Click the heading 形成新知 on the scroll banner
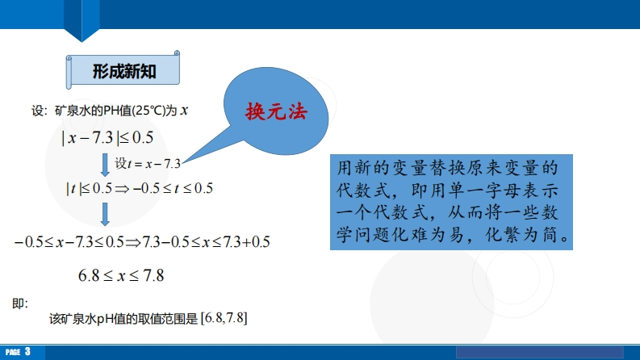click(124, 71)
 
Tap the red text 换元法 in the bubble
click(276, 111)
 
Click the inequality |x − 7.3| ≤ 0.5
click(107, 137)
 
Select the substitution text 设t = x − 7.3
click(148, 163)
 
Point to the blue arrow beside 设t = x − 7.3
click(105, 165)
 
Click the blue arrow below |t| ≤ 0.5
click(105, 214)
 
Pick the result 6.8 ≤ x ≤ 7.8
click(121, 275)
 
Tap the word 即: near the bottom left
click(20, 303)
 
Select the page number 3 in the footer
click(27, 351)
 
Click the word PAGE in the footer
click(13, 352)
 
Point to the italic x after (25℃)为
click(184, 111)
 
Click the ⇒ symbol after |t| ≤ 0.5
click(122, 189)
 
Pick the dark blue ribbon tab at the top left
click(82, 20)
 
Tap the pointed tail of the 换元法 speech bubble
click(182, 163)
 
